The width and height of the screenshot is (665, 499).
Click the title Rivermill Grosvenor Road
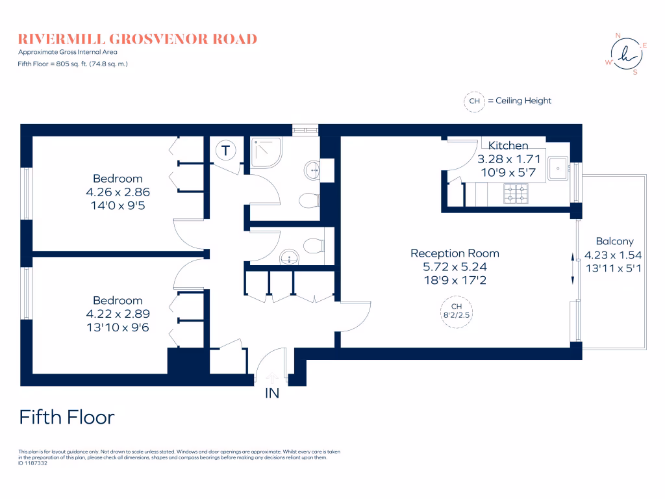pyautogui.click(x=138, y=39)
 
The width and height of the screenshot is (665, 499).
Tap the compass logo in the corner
pyautogui.click(x=626, y=55)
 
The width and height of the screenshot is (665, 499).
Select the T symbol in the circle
pyautogui.click(x=225, y=151)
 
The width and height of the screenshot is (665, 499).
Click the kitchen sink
pyautogui.click(x=558, y=168)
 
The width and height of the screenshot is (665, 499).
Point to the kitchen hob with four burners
pyautogui.click(x=517, y=192)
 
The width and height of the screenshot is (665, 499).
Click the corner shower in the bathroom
pyautogui.click(x=266, y=153)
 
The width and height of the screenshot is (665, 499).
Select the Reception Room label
pyautogui.click(x=455, y=253)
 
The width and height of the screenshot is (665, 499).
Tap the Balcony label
pyautogui.click(x=614, y=242)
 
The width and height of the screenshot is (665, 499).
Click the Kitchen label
pyautogui.click(x=508, y=146)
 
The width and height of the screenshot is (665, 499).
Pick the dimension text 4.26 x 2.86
pyautogui.click(x=118, y=192)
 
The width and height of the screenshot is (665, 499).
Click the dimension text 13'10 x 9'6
pyautogui.click(x=118, y=327)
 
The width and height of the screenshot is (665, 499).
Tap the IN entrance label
pyautogui.click(x=271, y=393)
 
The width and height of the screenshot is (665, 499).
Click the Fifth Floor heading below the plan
pyautogui.click(x=67, y=417)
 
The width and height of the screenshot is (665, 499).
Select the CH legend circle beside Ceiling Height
pyautogui.click(x=474, y=101)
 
